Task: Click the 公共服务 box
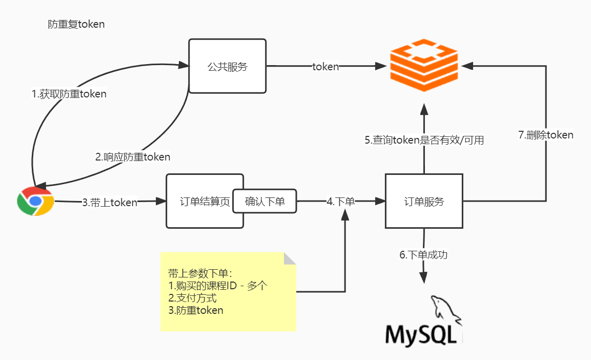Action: click(x=227, y=66)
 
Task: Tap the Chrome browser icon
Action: click(x=35, y=202)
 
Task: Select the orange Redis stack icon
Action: click(x=423, y=65)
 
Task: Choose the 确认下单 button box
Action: click(x=265, y=202)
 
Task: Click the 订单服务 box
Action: click(x=423, y=202)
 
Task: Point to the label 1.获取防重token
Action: click(x=69, y=94)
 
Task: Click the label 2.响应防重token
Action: click(x=133, y=157)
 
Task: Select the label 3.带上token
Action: click(x=110, y=203)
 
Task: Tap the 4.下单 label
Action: click(x=341, y=202)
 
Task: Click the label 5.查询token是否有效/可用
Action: click(x=424, y=140)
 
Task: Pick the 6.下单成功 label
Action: click(x=423, y=254)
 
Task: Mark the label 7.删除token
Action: click(x=545, y=135)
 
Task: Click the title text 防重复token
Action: click(x=76, y=25)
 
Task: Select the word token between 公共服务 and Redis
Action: click(x=325, y=67)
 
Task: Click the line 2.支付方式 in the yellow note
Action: click(x=192, y=298)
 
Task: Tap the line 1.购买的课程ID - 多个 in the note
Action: click(x=218, y=286)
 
